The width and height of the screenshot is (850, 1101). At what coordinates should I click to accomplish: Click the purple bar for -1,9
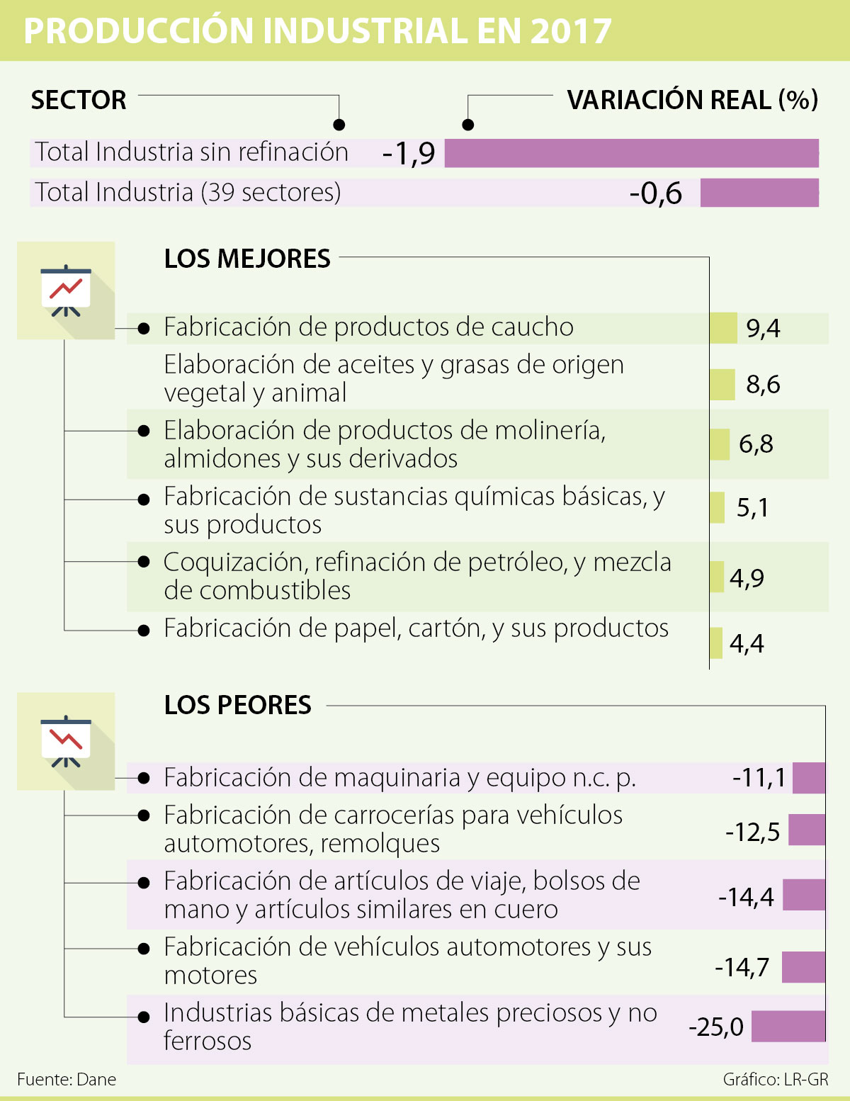(631, 153)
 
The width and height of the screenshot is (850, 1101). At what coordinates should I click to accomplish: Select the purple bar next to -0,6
(759, 193)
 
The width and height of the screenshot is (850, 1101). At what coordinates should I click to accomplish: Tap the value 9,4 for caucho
(763, 329)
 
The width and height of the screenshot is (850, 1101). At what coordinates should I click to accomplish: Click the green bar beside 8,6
(722, 385)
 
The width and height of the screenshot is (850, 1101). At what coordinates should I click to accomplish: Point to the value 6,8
(756, 444)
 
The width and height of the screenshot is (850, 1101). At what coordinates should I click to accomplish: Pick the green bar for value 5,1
(717, 507)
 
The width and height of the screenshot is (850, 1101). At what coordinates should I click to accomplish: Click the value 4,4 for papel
(747, 644)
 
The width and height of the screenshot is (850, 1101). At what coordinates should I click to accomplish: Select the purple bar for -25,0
(788, 1027)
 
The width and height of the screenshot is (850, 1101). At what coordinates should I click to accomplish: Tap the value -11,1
(759, 778)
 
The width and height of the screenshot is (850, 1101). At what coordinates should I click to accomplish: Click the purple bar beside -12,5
(806, 830)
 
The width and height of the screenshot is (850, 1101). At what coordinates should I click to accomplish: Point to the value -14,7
(742, 967)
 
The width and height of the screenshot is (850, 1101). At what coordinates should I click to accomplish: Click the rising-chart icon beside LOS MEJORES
(66, 290)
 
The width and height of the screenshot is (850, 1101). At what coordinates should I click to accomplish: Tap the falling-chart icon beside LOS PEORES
(66, 741)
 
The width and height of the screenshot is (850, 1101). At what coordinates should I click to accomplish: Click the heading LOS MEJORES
(247, 259)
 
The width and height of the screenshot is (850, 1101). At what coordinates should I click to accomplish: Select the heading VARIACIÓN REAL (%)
(692, 101)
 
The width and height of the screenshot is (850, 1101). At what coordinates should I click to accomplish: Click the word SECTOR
(79, 101)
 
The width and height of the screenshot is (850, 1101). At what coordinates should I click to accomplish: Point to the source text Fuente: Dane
(67, 1079)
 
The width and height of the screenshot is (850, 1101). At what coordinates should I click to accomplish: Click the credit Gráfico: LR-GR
(775, 1079)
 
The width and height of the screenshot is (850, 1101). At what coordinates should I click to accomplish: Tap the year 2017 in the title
(570, 31)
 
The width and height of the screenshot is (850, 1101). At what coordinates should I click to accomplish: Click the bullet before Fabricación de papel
(144, 630)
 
